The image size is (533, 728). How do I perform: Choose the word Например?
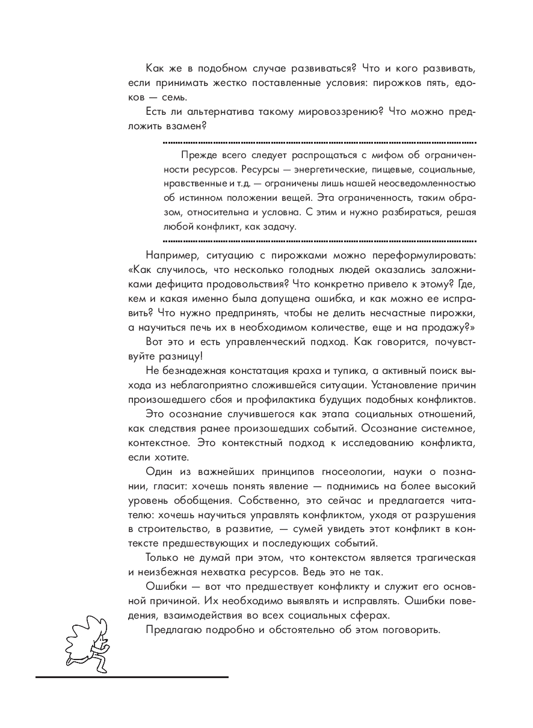tap(171, 255)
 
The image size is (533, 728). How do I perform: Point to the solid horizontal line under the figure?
tap(132, 678)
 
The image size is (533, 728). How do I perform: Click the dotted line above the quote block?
tap(319, 143)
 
